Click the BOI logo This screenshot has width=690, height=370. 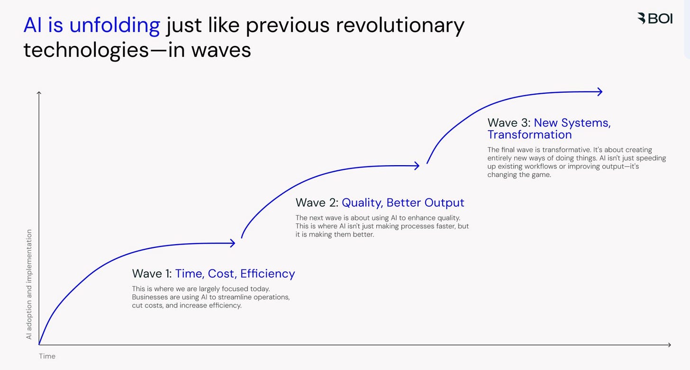(654, 18)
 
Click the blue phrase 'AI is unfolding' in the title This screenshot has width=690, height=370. (91, 25)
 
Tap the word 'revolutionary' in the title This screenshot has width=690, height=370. (400, 25)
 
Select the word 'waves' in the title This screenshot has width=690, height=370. (221, 50)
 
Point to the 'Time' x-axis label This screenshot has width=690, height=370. (47, 356)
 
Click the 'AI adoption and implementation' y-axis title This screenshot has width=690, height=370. (29, 284)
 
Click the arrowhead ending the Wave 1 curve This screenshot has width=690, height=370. (233, 243)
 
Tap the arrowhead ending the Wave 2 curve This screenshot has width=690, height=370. (417, 166)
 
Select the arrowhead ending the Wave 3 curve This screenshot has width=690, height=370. (600, 92)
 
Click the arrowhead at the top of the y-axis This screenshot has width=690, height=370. (39, 93)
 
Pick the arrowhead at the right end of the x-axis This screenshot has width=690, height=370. (669, 345)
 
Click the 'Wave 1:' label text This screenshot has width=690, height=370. (152, 273)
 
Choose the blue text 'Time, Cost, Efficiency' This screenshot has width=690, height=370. (235, 273)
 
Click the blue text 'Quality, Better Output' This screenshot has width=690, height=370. (403, 203)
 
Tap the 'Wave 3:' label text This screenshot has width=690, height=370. (509, 123)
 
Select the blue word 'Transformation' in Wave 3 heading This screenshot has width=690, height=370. (529, 135)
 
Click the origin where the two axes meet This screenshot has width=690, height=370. (39, 345)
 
